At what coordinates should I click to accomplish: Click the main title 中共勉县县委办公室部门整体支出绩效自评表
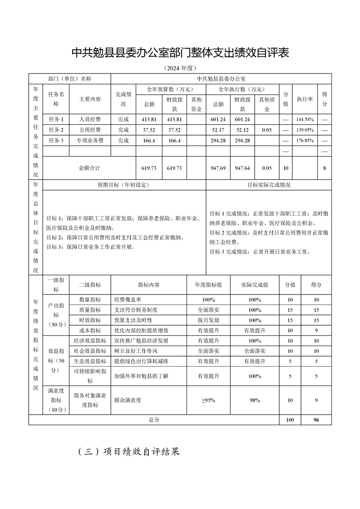coord(180,53)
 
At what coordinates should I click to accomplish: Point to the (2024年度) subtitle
coord(180,69)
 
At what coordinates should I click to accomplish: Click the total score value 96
coord(316,420)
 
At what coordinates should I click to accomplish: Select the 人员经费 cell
coord(90,120)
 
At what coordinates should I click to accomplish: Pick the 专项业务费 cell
coord(90,141)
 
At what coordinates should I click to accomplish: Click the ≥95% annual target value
coord(208,400)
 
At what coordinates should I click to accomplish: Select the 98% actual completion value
coord(255,400)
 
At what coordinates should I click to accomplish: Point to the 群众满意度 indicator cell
coord(128,400)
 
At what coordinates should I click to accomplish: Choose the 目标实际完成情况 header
coord(269,185)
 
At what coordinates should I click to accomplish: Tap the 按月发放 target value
coord(208,320)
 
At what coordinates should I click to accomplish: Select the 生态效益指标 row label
coord(90,361)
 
